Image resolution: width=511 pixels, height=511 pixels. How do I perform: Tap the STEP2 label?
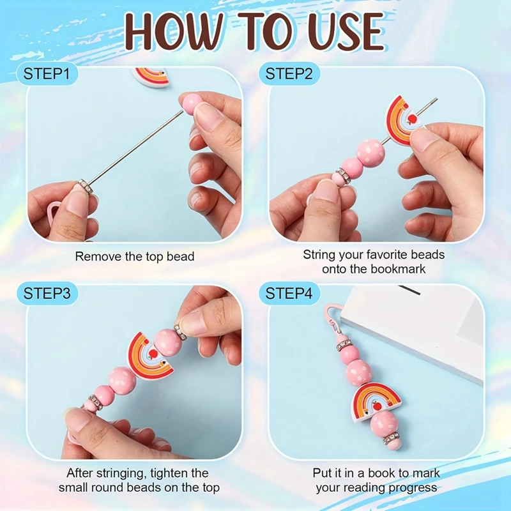[289, 73]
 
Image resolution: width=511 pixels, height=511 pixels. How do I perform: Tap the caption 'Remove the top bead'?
[135, 257]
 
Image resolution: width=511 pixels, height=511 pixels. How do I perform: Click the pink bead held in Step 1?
[191, 103]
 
